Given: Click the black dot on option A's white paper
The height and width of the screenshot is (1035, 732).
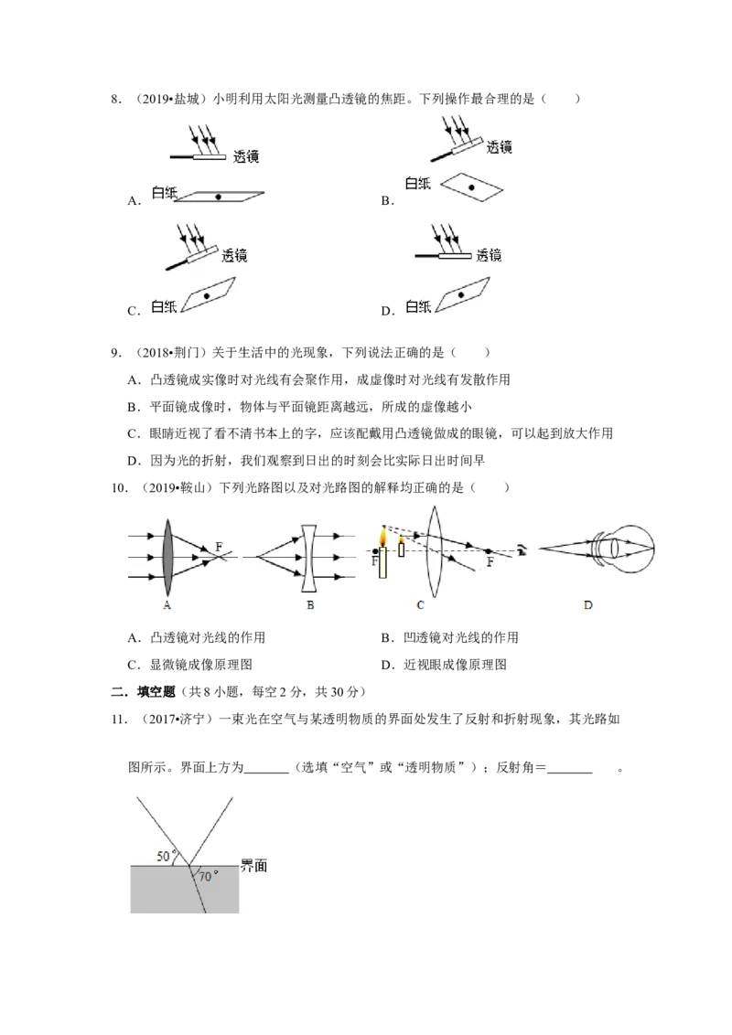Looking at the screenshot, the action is (218, 197).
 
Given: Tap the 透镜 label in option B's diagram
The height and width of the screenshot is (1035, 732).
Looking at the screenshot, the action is (500, 147).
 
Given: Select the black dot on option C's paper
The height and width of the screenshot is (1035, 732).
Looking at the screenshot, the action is (207, 296).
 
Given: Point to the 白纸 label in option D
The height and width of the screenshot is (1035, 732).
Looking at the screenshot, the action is (418, 306).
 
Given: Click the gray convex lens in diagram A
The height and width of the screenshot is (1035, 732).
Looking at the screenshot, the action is (167, 558).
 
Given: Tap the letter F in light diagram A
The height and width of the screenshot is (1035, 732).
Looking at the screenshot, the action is (220, 547).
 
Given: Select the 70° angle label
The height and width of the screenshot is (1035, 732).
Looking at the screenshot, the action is (208, 877).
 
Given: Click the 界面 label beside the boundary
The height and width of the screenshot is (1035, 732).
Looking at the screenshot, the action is (253, 866).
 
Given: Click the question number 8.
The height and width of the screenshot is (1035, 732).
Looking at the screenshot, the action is (116, 99).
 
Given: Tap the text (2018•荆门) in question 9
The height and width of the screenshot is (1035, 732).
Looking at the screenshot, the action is (171, 353).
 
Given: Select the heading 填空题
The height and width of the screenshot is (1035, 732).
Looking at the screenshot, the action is (156, 692).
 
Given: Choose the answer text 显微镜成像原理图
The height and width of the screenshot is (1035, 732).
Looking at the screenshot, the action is (200, 665).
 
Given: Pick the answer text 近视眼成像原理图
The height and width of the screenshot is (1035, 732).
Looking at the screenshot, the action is (455, 665).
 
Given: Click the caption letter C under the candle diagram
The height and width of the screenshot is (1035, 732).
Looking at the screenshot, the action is (421, 604).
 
